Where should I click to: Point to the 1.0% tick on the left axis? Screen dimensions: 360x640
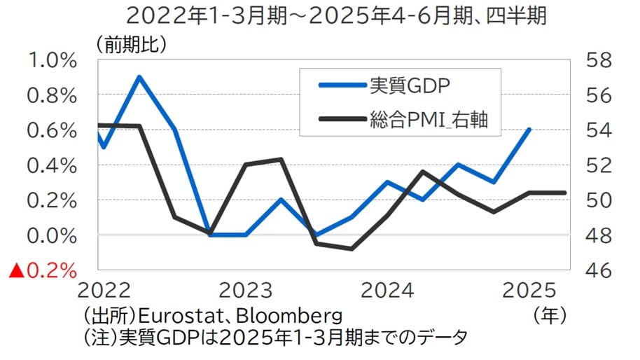pyautogui.click(x=51, y=60)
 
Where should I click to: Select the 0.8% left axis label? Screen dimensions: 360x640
pyautogui.click(x=51, y=95)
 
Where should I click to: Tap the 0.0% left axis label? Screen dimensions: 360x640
pyautogui.click(x=51, y=235)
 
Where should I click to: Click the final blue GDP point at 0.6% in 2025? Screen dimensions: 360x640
pyautogui.click(x=529, y=130)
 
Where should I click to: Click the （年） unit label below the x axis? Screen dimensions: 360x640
pyautogui.click(x=551, y=312)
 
